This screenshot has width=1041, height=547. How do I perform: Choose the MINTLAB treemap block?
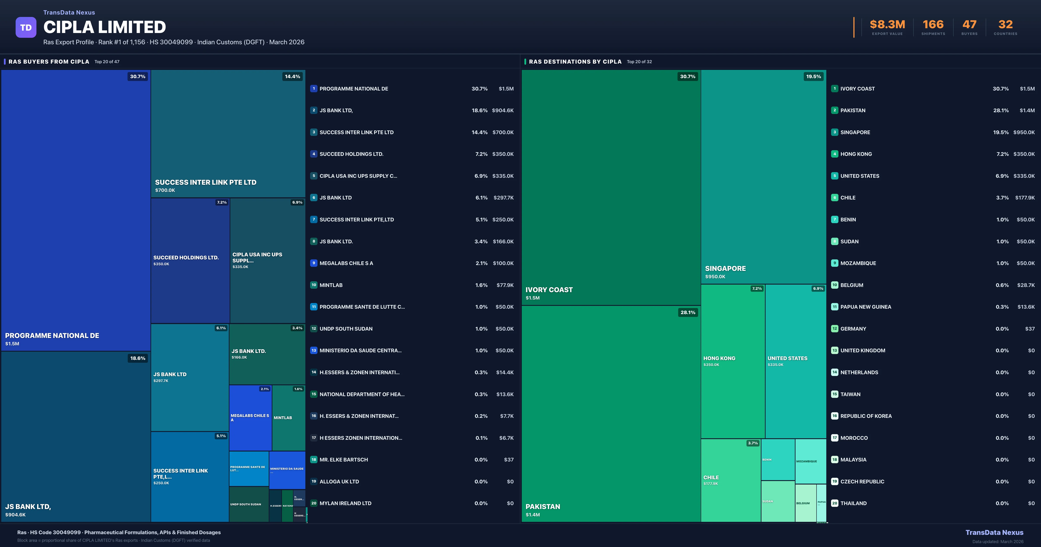288,418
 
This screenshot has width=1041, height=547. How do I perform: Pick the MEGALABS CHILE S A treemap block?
250,418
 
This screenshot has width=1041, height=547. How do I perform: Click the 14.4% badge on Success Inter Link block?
292,76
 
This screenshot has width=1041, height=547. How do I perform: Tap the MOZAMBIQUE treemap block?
810,461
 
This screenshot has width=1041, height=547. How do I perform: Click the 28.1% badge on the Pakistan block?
688,312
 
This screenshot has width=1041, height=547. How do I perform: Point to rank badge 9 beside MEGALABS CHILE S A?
314,263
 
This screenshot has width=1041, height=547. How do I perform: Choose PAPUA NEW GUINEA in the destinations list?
866,307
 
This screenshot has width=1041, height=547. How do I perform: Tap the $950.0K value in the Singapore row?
1024,132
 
